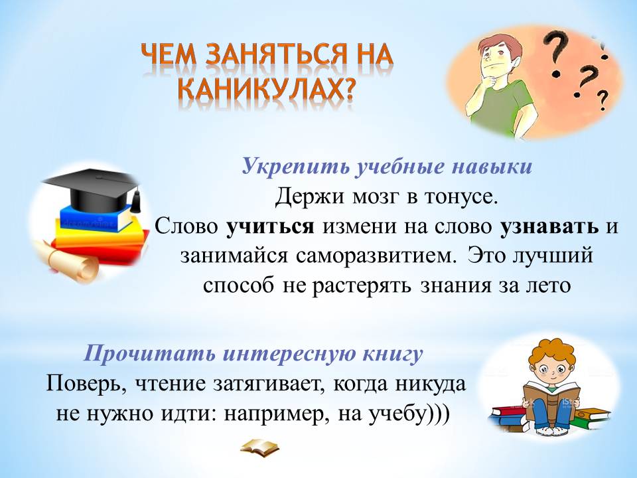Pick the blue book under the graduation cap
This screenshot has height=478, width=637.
pos(96,218)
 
